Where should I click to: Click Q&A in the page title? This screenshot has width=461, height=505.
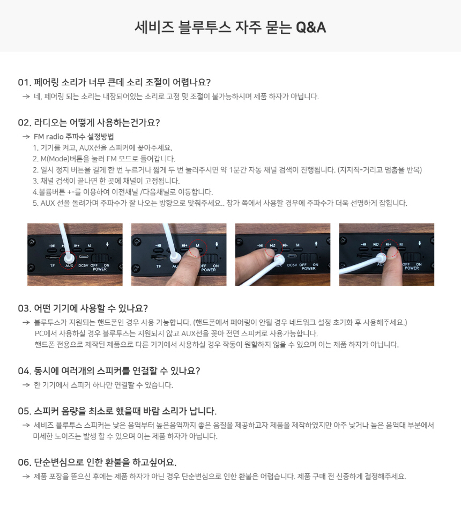[x=311, y=27]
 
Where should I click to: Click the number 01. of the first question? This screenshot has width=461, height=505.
[x=25, y=83]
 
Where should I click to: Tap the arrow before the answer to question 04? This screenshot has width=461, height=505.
[x=26, y=385]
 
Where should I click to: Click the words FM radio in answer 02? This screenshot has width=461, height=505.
[x=47, y=137]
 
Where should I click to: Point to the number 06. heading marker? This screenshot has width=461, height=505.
[x=25, y=463]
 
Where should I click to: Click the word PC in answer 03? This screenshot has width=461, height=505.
[x=39, y=333]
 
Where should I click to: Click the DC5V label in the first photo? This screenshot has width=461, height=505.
[x=84, y=266]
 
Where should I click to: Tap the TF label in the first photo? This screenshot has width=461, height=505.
[x=53, y=266]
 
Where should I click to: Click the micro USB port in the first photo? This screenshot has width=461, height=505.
[x=84, y=257]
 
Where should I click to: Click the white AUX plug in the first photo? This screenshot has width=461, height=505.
[x=69, y=258]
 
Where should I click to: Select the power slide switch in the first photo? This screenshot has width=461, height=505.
[x=100, y=258]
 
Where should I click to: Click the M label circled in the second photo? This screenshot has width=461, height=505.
[x=198, y=246]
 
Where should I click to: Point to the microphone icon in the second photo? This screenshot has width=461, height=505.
[x=217, y=245]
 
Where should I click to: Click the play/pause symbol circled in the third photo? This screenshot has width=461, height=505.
[x=273, y=246]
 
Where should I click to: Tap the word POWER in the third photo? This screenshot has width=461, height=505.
[x=308, y=268]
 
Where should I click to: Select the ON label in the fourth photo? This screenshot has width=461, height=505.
[x=419, y=264]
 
